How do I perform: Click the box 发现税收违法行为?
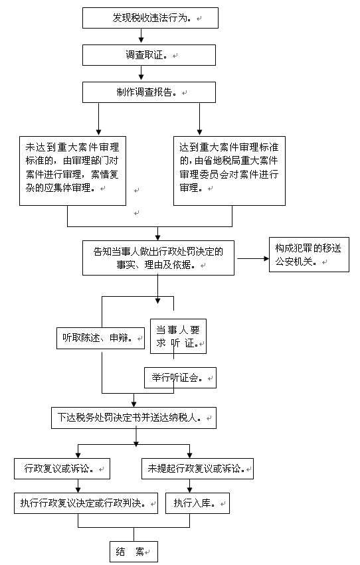click(150, 18)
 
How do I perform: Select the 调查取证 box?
click(149, 55)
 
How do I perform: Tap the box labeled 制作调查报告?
click(149, 92)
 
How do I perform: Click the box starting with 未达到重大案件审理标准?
click(72, 171)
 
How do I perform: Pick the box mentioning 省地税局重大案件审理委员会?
click(229, 171)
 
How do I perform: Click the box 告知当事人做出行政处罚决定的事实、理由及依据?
click(158, 258)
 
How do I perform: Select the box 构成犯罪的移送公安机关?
click(309, 254)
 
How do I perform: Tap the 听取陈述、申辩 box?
click(100, 338)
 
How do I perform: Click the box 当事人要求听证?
click(178, 336)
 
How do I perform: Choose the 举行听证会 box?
click(180, 378)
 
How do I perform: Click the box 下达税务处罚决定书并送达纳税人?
click(134, 418)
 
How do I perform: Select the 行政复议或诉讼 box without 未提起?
click(62, 469)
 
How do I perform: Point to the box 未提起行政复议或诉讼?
click(197, 469)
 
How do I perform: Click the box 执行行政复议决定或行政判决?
click(86, 503)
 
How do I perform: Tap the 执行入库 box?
click(197, 503)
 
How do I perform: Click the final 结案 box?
click(134, 551)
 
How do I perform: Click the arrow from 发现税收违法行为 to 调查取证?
click(141, 37)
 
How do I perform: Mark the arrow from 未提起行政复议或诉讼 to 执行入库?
click(189, 486)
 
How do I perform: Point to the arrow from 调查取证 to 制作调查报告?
click(141, 74)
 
